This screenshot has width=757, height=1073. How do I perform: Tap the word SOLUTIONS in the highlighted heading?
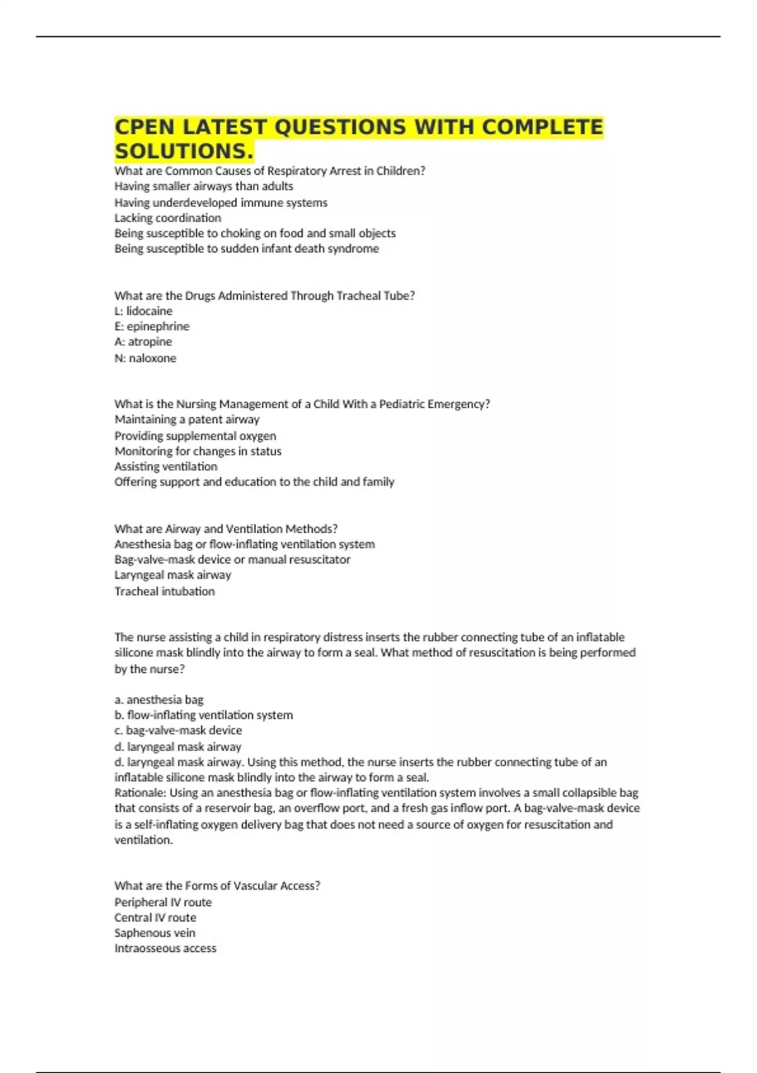184,151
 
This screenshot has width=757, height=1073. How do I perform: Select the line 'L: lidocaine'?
143,311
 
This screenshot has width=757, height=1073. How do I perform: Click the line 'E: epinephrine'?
151,326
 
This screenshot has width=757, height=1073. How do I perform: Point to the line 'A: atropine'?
143,341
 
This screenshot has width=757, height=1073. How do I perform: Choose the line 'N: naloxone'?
145,358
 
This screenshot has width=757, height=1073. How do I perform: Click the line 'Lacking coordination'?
168,218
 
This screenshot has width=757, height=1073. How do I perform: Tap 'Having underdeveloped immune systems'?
221,203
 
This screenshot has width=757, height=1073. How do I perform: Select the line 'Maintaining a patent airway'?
187,420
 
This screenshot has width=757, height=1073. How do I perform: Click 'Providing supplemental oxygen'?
195,436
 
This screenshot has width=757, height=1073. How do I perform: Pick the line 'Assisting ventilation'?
166,466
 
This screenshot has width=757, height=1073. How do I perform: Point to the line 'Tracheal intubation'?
165,591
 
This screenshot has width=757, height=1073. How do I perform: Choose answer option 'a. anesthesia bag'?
159,699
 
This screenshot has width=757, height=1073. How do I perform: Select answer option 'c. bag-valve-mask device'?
179,730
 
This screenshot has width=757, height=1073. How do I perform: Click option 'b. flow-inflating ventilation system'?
204,715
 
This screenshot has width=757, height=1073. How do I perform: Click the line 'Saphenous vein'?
155,933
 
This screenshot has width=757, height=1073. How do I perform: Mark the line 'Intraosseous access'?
165,948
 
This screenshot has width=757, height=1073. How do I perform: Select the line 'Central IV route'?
155,918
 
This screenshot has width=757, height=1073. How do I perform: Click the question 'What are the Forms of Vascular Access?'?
217,886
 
